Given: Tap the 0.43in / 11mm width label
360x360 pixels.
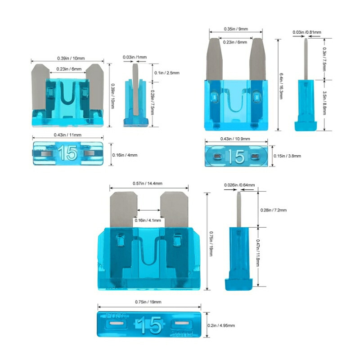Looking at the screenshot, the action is coord(67,135).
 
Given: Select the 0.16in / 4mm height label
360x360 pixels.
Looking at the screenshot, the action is coord(125,155).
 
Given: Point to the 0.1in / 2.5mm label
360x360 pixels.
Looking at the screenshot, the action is coord(166,73).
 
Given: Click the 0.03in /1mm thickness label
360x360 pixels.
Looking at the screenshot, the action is coord(135,57).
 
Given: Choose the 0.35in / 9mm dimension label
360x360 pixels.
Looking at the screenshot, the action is coord(236,29).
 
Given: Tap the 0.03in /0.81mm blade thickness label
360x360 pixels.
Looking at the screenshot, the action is coord(307,32).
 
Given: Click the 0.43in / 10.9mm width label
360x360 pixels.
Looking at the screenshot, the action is coord(235,139).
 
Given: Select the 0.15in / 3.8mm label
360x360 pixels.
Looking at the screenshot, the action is coord(287,156).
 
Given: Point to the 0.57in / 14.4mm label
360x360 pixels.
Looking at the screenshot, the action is coord(148,184).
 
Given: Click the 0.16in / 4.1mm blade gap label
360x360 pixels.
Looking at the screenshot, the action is coord(148,220).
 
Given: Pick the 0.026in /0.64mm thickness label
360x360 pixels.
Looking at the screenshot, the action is coord(239,185).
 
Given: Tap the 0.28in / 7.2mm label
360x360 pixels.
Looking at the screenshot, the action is coord(274,210).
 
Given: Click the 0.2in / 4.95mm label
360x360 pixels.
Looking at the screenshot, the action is coord(221,325).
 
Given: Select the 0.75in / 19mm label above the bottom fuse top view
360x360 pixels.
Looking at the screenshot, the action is coord(148,302).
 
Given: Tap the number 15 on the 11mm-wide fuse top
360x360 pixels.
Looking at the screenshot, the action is coord(67,153).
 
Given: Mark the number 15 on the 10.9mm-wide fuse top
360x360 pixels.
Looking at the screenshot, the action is coord(236,156).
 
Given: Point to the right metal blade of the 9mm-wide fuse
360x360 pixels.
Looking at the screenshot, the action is coord(257,59).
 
